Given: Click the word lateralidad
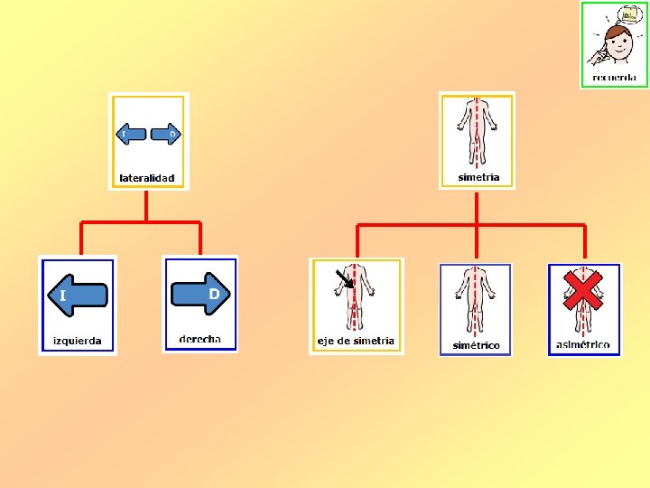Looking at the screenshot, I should coord(147,178).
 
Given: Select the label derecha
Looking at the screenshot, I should coord(200,339).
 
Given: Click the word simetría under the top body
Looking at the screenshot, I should coord(478,177).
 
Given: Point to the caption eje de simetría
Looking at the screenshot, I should coord(356,341).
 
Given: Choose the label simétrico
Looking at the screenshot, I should coord(476,345).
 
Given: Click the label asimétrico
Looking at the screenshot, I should coord(583,344).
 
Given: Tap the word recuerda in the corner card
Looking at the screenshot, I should coord(614,77).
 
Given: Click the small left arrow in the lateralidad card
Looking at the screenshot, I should coord(132,135).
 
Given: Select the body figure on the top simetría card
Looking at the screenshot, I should coord(477,131).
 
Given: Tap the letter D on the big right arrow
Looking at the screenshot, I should coord(214,294).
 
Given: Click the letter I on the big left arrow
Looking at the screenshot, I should coord(62,296).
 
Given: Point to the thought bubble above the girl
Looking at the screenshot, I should coord(629,14).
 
